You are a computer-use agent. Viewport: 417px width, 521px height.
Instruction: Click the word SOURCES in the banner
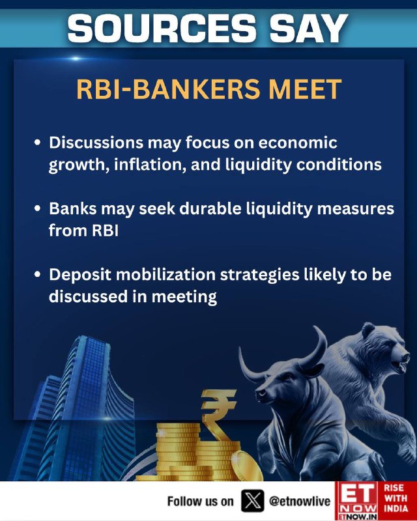click(162, 28)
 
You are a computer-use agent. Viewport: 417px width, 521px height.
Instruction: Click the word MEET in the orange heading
click(305, 89)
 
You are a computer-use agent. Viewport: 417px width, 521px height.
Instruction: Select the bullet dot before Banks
click(38, 209)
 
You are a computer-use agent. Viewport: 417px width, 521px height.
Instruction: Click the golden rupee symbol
click(218, 414)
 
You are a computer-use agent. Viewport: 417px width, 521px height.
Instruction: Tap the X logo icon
click(253, 501)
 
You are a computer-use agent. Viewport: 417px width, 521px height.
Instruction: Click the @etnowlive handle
click(300, 501)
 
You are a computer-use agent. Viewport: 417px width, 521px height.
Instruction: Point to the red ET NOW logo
click(356, 501)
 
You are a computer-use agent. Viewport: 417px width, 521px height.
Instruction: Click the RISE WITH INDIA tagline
click(395, 498)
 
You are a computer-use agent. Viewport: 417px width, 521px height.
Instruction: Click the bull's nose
click(260, 394)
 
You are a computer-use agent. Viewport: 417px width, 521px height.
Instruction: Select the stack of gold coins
click(193, 452)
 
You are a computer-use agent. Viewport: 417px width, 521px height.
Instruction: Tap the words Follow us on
click(200, 501)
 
